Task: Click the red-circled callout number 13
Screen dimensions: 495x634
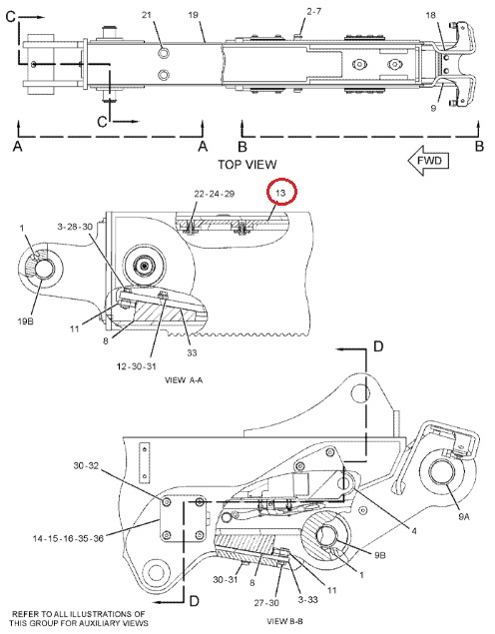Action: (x=280, y=193)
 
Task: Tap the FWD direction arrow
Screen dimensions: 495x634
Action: (x=428, y=161)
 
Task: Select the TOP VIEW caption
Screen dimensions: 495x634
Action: (x=247, y=165)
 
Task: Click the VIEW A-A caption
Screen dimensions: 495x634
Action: (x=184, y=380)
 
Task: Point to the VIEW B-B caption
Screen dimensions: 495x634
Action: (x=284, y=621)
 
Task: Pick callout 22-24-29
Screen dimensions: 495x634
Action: (x=215, y=194)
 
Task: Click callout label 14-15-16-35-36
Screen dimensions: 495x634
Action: (x=68, y=538)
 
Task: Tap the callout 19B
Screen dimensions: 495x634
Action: (x=25, y=321)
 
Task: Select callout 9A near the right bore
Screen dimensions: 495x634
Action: (x=463, y=516)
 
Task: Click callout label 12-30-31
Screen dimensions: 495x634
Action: (x=136, y=366)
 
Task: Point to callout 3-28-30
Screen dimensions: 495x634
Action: (x=75, y=227)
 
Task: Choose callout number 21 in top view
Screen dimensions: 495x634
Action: (x=147, y=15)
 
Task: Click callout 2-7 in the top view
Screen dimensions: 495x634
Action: (x=314, y=11)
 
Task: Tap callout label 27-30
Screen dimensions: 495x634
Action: (x=266, y=603)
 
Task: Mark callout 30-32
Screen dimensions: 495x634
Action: (x=86, y=466)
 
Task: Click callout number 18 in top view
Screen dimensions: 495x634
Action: (x=431, y=15)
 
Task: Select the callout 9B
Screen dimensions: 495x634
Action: (x=379, y=555)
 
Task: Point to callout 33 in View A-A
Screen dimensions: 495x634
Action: (x=192, y=353)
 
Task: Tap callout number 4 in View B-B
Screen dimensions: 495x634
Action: (x=414, y=530)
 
